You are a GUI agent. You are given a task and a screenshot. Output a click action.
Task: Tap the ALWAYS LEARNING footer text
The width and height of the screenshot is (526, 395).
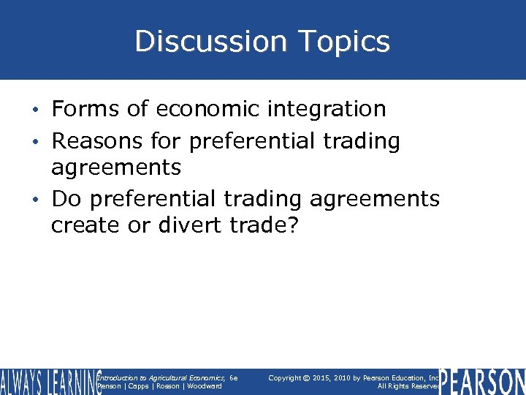point(50,383)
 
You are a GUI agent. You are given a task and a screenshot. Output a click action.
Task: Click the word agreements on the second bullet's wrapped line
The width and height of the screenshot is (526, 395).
point(116,168)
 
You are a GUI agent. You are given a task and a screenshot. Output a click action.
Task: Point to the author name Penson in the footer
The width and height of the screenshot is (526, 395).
point(108,386)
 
